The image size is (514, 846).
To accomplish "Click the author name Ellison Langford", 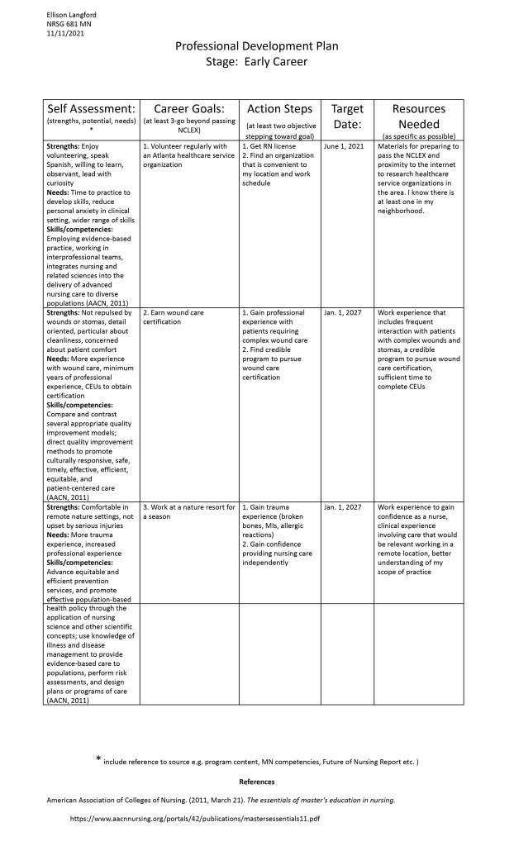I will tap(71, 14).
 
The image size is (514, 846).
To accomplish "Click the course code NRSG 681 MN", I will tap(69, 24).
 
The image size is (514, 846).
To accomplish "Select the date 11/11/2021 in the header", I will tap(65, 34).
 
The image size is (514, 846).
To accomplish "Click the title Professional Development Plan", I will tap(256, 47).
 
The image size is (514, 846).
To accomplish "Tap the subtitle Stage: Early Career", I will tap(256, 62).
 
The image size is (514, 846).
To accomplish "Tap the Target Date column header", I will tap(347, 116).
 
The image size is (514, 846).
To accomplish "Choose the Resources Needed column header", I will tap(419, 116).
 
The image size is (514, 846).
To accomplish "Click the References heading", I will tap(256, 782).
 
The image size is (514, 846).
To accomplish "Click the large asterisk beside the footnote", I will tap(99, 759).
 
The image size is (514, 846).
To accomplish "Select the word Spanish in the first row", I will tap(64, 164).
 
